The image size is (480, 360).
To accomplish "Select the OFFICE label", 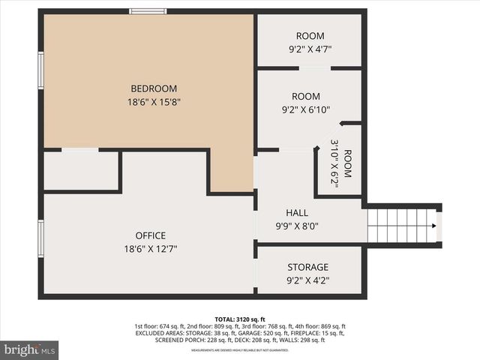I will coord(151,235).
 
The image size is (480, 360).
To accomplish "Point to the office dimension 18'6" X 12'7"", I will coord(151,249).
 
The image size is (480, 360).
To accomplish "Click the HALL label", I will coord(297,213).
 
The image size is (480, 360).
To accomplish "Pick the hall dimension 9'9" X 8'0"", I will coord(297,226).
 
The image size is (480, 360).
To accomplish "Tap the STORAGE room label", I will coord(308,268).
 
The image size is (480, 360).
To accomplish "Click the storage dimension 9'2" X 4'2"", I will coord(308,281).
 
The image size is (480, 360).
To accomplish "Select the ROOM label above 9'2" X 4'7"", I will coord(309,36).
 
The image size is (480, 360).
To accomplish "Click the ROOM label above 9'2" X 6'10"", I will coord(306,97).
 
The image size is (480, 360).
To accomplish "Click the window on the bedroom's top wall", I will coord(148,11).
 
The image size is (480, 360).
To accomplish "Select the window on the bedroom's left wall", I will coord(41,70).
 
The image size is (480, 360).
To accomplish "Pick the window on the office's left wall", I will coord(41,238).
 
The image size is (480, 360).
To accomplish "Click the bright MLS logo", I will coord(30,349).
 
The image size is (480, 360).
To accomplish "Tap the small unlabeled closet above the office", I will coord(81,171).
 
